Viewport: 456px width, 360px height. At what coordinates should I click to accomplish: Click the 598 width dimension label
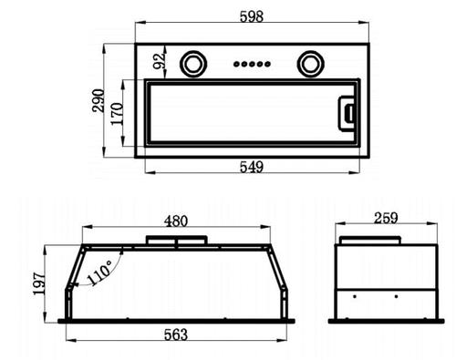[252, 16]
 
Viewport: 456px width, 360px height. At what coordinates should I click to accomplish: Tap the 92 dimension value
[159, 61]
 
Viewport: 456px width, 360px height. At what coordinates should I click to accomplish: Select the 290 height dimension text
[98, 100]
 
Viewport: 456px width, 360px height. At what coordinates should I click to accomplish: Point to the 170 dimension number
[117, 114]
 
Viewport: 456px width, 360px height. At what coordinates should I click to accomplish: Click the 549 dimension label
[252, 167]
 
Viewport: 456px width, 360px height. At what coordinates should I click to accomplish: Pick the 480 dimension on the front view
[176, 221]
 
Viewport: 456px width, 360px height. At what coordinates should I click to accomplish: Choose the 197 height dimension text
[39, 283]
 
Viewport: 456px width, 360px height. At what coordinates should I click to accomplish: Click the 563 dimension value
[176, 334]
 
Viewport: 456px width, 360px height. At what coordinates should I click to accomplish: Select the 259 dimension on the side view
[386, 218]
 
